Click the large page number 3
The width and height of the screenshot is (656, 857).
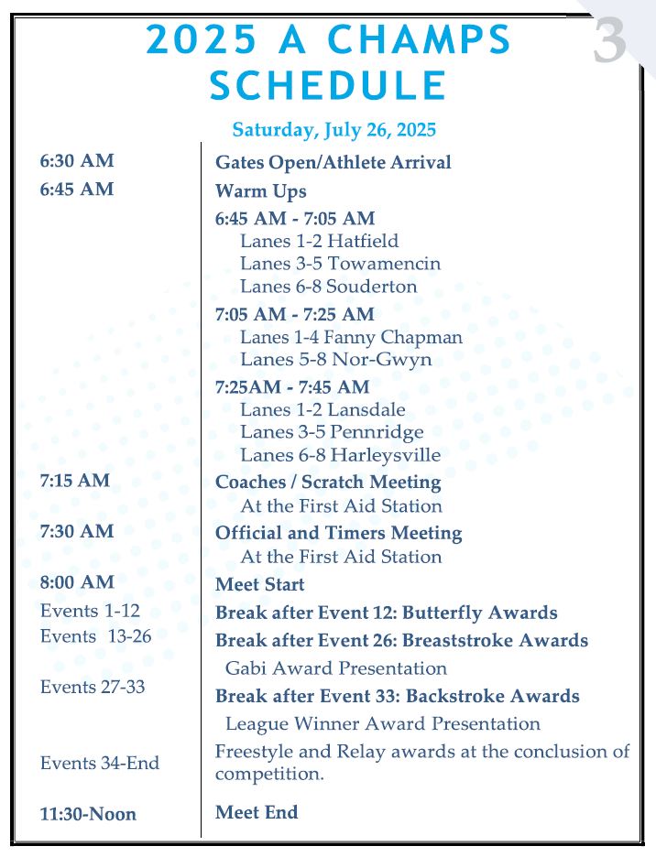609,42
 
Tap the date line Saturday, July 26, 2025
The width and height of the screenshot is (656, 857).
333,130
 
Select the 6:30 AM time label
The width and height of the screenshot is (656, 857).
77,161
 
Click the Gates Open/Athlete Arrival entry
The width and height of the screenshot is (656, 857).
333,163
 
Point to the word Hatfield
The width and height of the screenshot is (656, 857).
363,241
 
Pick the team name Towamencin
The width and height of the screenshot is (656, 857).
384,264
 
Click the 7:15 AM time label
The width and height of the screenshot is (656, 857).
74,481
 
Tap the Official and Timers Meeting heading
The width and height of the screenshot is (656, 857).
338,533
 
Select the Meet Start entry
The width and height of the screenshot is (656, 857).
259,584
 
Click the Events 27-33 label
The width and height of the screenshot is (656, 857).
93,687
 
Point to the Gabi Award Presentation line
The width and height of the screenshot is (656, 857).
335,668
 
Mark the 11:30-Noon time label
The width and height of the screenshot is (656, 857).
88,814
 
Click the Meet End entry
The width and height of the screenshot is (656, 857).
257,812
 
